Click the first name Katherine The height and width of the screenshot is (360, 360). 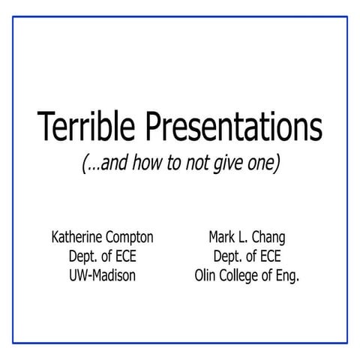pos(77,238)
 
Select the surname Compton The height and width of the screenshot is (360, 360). pos(130,238)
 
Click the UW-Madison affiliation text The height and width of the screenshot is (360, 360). pos(102,275)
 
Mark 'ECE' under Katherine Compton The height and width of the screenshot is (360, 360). pos(123,256)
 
